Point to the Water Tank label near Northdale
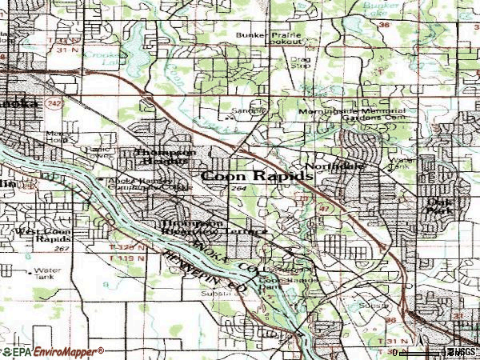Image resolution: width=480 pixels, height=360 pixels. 405,164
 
